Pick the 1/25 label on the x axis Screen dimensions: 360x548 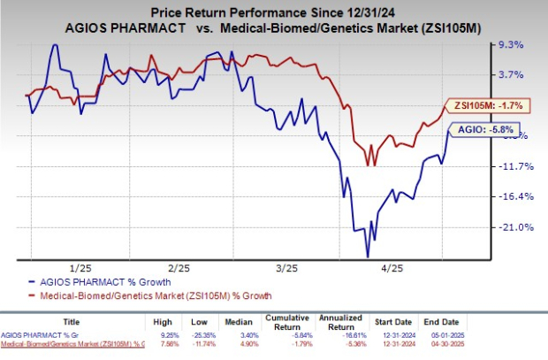click(x=80, y=267)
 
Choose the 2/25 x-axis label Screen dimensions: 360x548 click(x=180, y=267)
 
